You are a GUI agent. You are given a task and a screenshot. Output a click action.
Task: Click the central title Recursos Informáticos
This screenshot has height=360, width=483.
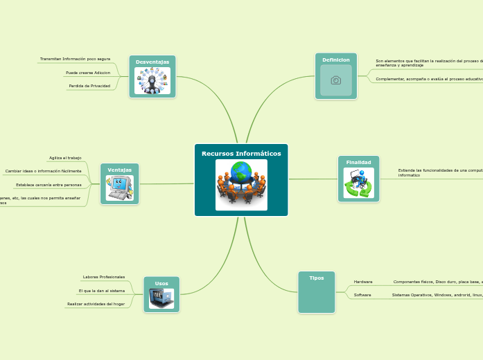[241, 153]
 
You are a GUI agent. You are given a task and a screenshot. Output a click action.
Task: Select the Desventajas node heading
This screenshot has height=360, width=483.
[152, 62]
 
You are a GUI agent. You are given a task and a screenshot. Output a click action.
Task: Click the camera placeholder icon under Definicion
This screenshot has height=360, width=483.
[336, 80]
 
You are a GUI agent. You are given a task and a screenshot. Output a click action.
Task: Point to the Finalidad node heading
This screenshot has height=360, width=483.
[358, 162]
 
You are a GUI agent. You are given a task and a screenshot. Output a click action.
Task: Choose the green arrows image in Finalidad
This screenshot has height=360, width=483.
[358, 183]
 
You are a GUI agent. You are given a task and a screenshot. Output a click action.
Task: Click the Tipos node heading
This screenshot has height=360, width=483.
[317, 278]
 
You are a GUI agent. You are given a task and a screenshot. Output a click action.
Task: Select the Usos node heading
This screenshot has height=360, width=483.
[161, 283]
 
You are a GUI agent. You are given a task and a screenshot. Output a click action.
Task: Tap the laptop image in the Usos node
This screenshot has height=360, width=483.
[161, 298]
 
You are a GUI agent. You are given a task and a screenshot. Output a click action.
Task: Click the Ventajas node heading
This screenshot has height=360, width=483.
[119, 170]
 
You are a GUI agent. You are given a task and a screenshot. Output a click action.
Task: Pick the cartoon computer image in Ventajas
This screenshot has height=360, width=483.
[119, 188]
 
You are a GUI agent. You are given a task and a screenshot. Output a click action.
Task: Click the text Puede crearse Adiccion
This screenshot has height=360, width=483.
[88, 73]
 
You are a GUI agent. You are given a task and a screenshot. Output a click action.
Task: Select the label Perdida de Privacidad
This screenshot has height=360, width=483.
[89, 86]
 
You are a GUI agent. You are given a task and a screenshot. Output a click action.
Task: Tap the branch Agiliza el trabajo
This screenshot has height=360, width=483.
[65, 158]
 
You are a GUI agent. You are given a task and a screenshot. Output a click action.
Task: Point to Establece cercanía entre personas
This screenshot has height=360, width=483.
[49, 185]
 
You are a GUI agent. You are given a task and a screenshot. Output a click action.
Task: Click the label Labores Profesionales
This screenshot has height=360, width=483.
[104, 277]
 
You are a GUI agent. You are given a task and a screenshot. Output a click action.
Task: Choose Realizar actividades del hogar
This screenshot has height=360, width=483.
[96, 304]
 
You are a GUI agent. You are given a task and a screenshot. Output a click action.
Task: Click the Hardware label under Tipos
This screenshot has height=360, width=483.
[363, 282]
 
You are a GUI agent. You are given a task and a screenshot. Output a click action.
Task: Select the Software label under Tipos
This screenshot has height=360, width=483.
[362, 295]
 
